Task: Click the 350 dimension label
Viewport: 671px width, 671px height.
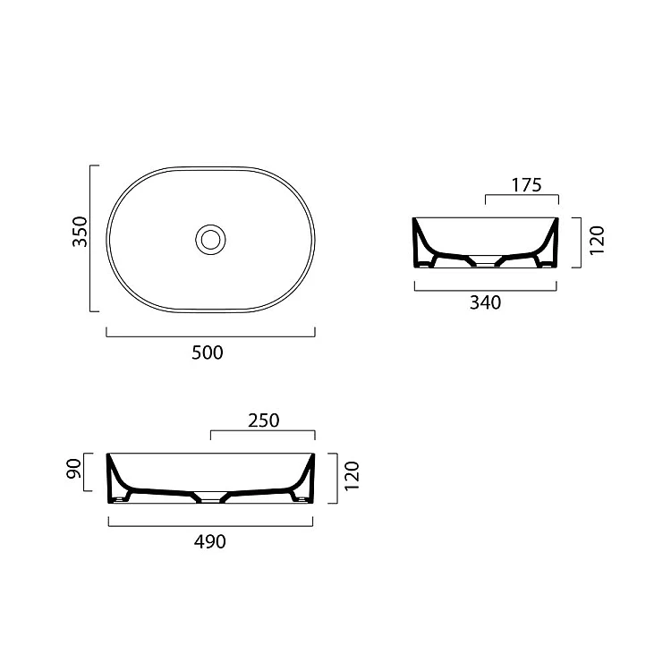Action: tap(80, 232)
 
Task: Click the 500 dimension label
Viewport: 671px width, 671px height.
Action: tap(208, 352)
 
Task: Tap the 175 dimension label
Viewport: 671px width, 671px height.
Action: tap(526, 185)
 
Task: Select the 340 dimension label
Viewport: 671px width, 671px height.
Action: tap(485, 302)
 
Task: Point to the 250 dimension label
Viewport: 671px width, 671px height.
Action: tap(264, 420)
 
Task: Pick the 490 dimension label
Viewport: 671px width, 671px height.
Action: tap(209, 542)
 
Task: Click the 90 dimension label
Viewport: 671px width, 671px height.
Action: tap(73, 469)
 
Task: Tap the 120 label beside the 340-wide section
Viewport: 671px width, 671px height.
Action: tap(597, 241)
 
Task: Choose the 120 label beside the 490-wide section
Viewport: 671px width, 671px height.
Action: tap(352, 476)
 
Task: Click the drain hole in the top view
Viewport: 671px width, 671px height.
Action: tap(210, 240)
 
